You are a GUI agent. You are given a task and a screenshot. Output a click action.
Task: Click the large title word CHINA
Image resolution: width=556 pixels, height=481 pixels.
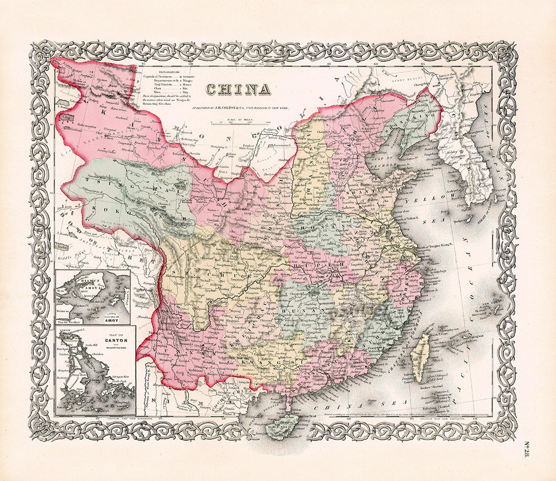pyautogui.click(x=238, y=89)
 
